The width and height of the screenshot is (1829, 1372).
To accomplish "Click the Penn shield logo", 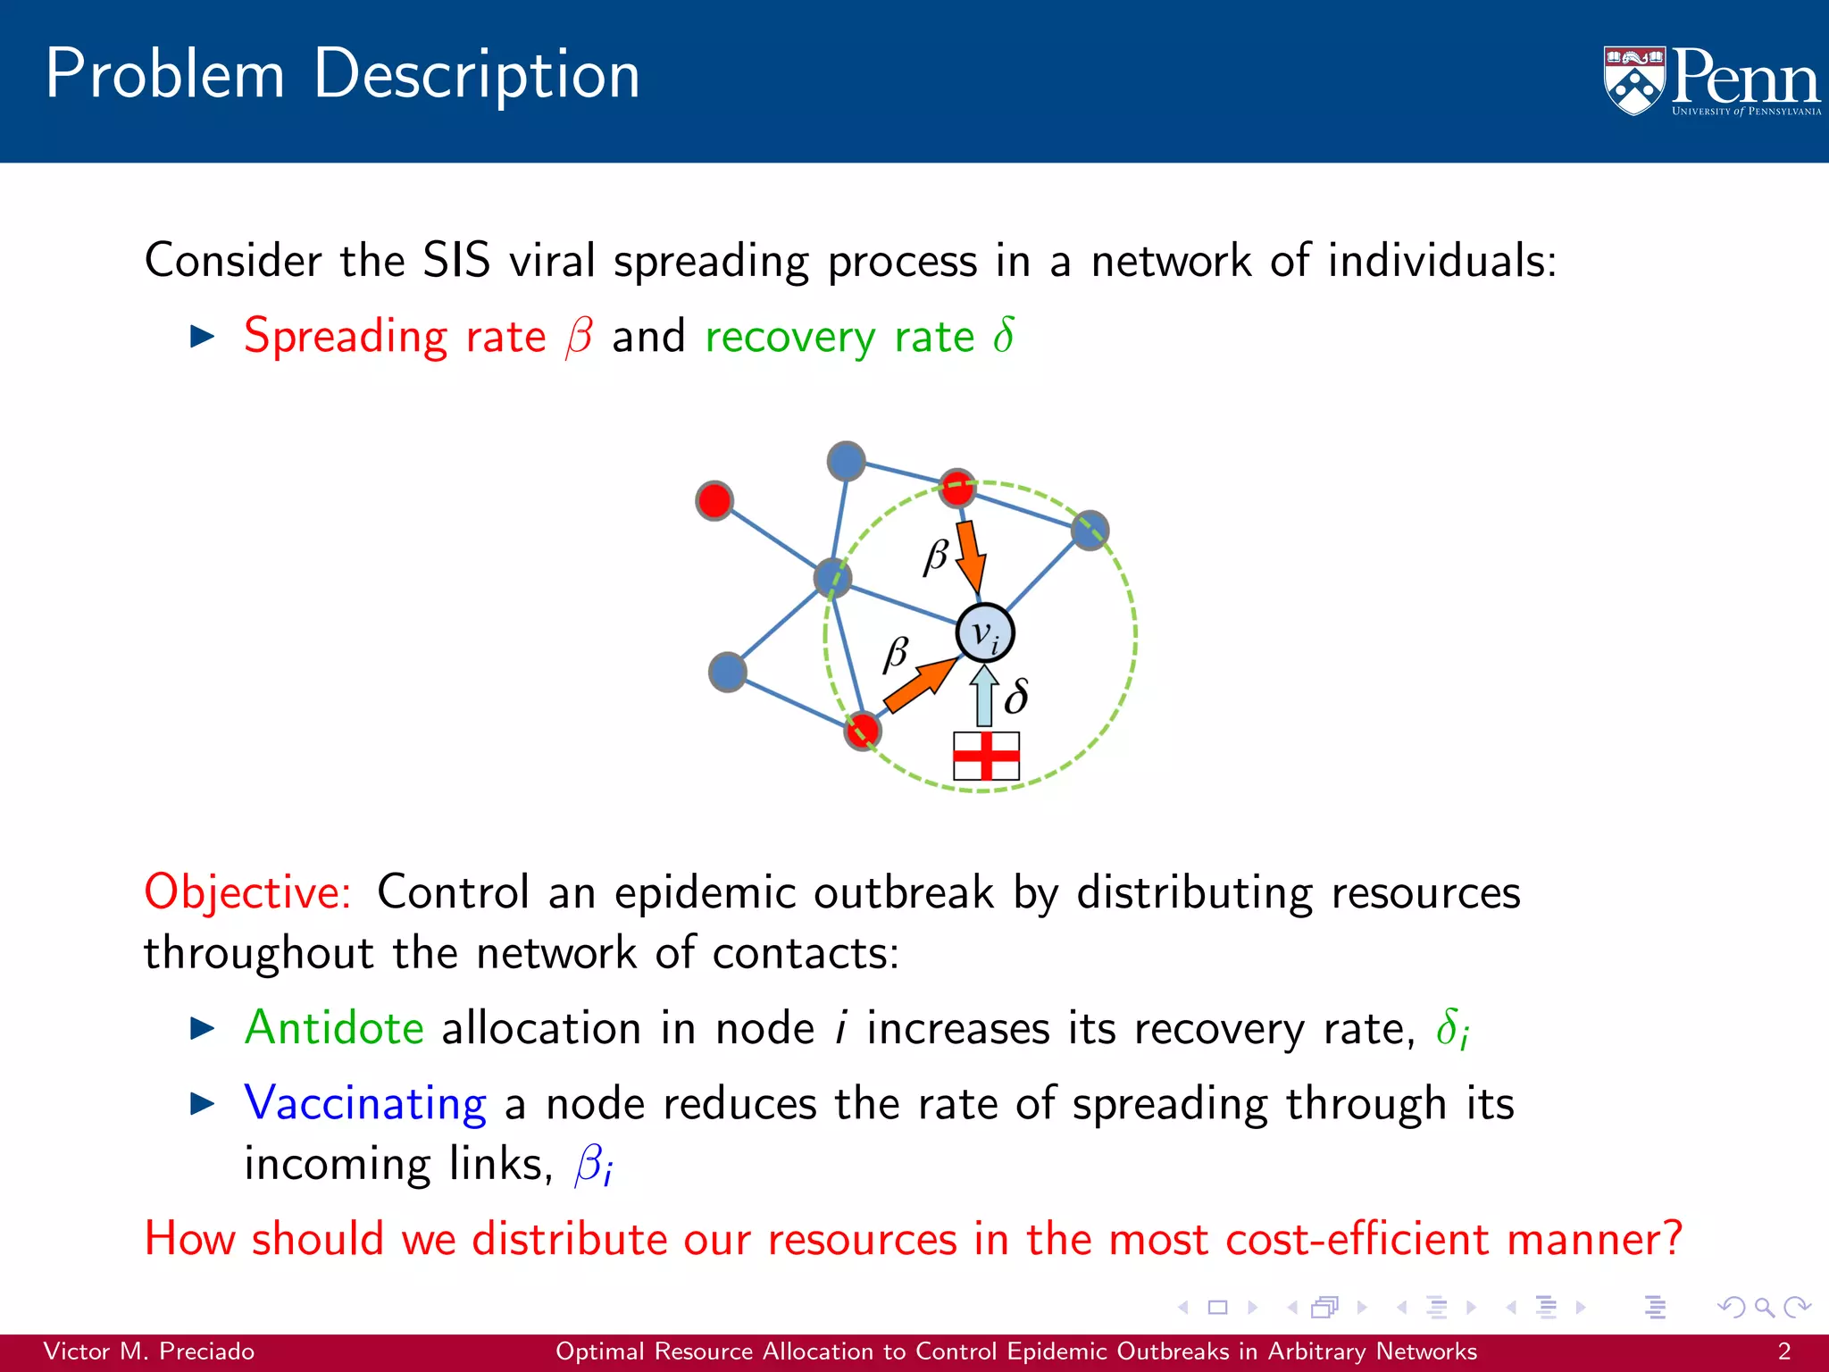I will pyautogui.click(x=1634, y=80).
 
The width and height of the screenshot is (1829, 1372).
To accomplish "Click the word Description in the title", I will pyautogui.click(x=477, y=74).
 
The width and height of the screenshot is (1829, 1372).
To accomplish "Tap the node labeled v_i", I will pyautogui.click(x=984, y=633).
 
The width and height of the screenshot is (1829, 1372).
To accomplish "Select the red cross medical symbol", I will pyautogui.click(x=986, y=756).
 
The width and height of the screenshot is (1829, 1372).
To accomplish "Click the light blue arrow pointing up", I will pyautogui.click(x=984, y=696).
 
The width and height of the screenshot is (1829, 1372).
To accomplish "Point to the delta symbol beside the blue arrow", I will pyautogui.click(x=1016, y=697).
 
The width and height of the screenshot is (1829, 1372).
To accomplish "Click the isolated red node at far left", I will pyautogui.click(x=714, y=500).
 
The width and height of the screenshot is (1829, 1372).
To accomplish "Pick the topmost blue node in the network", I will pyautogui.click(x=846, y=461).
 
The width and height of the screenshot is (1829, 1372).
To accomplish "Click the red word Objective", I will pyautogui.click(x=247, y=892).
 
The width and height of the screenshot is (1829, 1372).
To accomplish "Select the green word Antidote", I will pyautogui.click(x=334, y=1027).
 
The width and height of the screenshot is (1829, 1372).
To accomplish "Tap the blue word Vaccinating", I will pyautogui.click(x=365, y=1103).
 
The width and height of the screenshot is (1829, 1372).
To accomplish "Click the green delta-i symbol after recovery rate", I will pyautogui.click(x=1452, y=1029).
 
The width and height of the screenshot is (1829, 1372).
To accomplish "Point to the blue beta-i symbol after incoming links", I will pyautogui.click(x=593, y=1165).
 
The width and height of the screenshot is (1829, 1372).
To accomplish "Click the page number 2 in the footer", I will pyautogui.click(x=1783, y=1351).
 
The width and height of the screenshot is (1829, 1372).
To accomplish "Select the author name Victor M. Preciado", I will pyautogui.click(x=149, y=1351).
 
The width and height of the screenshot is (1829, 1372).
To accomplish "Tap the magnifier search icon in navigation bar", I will pyautogui.click(x=1764, y=1308).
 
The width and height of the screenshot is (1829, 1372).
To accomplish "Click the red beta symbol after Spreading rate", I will pyautogui.click(x=579, y=338).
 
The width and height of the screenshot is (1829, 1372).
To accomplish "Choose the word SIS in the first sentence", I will pyautogui.click(x=456, y=261).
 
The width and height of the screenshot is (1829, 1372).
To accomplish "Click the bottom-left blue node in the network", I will pyautogui.click(x=728, y=672).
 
